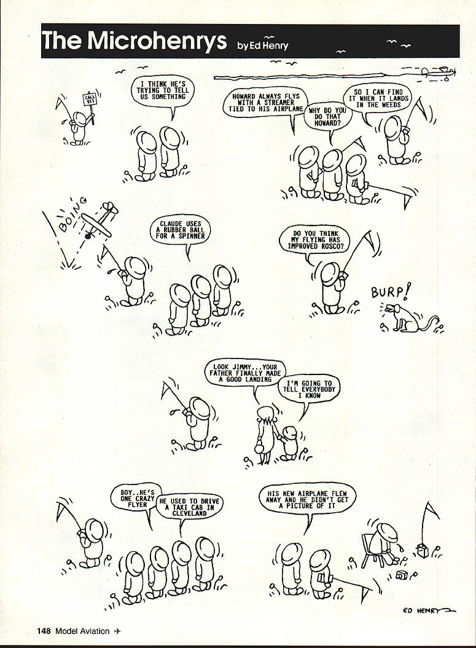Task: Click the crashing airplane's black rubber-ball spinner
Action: (87, 236)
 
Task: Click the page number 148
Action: (44, 631)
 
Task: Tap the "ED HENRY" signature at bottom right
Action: (429, 611)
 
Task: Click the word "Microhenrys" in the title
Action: (157, 41)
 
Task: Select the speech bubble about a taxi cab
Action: (189, 507)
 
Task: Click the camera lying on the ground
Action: (401, 575)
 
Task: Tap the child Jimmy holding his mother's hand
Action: (290, 444)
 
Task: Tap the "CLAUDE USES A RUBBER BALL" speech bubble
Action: (181, 230)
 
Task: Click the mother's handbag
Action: (260, 448)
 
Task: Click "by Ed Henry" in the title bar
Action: (262, 45)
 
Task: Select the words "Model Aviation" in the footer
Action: (82, 631)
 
